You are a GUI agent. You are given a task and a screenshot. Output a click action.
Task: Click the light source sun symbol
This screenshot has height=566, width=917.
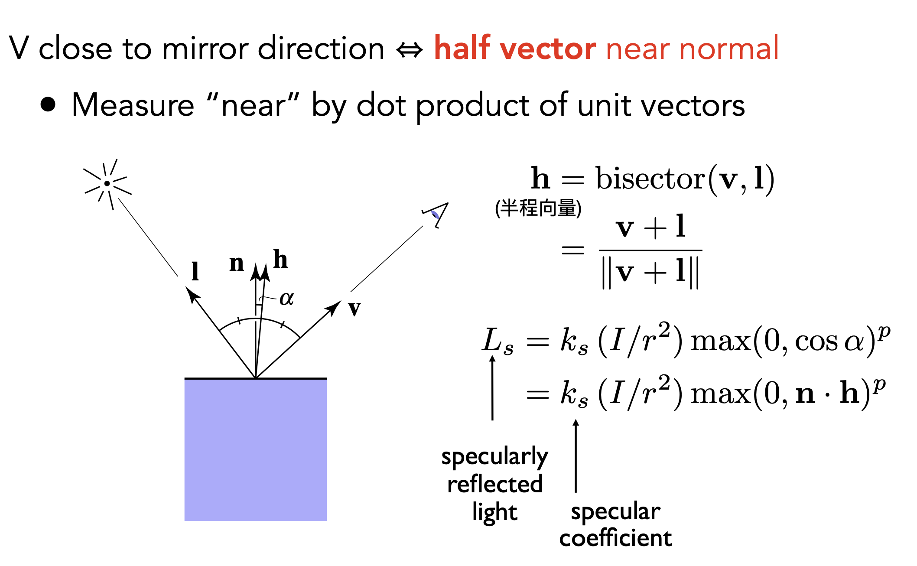click(107, 184)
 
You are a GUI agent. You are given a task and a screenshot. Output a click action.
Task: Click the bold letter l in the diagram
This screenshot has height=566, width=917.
click(195, 272)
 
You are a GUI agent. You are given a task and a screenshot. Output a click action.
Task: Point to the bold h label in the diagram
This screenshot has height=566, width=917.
click(280, 259)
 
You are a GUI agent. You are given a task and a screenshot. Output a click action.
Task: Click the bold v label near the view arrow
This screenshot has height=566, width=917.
click(354, 309)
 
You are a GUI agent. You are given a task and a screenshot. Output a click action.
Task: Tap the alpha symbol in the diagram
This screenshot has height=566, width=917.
click(286, 298)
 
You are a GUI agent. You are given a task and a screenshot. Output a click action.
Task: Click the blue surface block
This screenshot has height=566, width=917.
click(256, 449)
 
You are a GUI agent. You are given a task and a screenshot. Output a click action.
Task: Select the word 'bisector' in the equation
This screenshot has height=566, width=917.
click(650, 178)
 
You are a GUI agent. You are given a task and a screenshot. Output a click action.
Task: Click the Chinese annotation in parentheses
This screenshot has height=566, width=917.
click(538, 208)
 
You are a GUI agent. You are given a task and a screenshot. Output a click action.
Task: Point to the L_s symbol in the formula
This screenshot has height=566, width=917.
click(498, 341)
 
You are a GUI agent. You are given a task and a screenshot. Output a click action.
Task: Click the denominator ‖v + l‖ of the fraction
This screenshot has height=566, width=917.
click(650, 273)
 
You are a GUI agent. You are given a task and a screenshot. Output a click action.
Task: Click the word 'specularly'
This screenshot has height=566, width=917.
click(495, 457)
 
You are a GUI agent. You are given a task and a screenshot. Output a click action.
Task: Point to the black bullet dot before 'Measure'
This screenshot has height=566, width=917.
click(48, 104)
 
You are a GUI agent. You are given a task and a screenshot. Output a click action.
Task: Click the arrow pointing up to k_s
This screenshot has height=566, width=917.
click(576, 455)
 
